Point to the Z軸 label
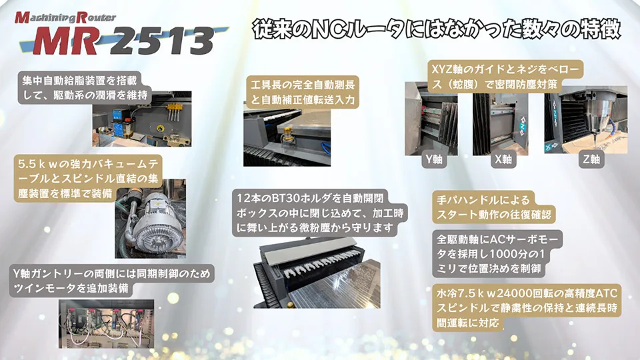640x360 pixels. (591, 160)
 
